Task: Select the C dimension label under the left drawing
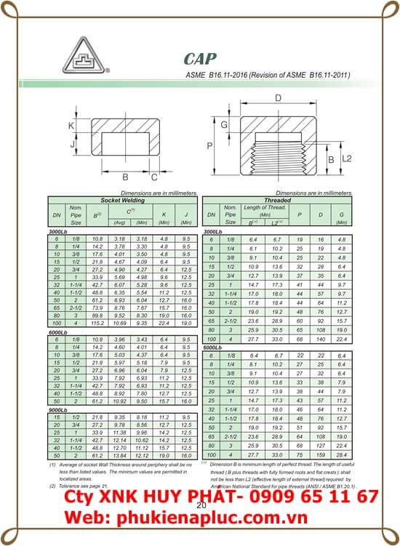point(153,176)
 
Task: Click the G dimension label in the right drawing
point(225,125)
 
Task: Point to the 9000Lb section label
point(60,410)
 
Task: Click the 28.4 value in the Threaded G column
point(341,454)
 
